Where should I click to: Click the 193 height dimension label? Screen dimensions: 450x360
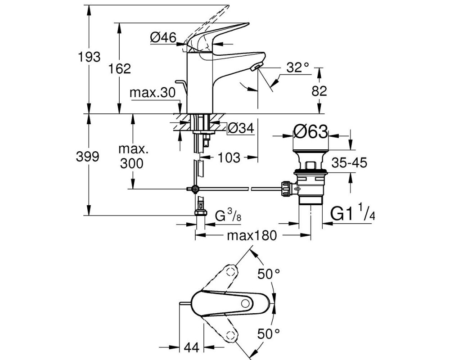[89, 57]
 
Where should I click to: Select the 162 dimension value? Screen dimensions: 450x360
[120, 68]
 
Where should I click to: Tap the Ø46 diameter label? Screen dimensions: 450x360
[163, 37]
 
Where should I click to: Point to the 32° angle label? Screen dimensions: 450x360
[298, 67]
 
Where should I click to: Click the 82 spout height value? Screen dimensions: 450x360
[319, 91]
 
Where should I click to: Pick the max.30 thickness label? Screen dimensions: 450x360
[153, 93]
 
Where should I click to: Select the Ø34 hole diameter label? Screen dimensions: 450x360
[241, 128]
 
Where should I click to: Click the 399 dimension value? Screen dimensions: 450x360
[88, 157]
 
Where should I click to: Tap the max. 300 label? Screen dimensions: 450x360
[132, 157]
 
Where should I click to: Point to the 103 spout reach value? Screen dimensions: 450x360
[229, 157]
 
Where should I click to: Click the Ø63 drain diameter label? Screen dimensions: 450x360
[310, 132]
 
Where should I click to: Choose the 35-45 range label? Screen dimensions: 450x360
[349, 163]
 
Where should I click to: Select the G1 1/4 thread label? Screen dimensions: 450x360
[353, 213]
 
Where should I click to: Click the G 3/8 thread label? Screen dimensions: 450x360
[228, 216]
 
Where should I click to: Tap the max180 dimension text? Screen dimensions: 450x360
[252, 235]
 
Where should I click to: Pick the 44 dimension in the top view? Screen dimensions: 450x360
[191, 348]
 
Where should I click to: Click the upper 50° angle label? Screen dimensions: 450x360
[268, 274]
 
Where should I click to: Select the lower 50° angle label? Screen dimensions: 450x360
[268, 334]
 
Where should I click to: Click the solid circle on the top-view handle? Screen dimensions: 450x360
[245, 303]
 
